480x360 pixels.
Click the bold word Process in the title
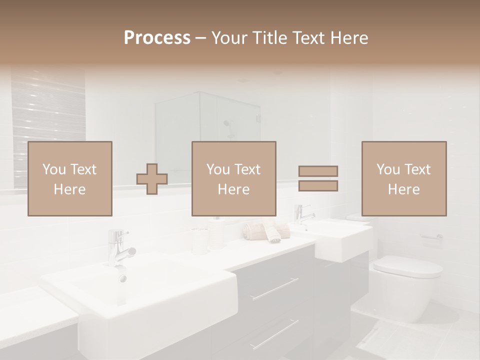(x=157, y=38)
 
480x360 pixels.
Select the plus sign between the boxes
(x=152, y=179)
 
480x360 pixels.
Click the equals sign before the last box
(x=318, y=178)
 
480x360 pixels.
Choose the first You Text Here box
(x=70, y=178)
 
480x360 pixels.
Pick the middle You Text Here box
(x=234, y=178)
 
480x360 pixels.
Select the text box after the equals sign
(x=404, y=178)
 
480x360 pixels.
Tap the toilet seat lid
(x=408, y=266)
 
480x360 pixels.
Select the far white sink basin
(x=340, y=240)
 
